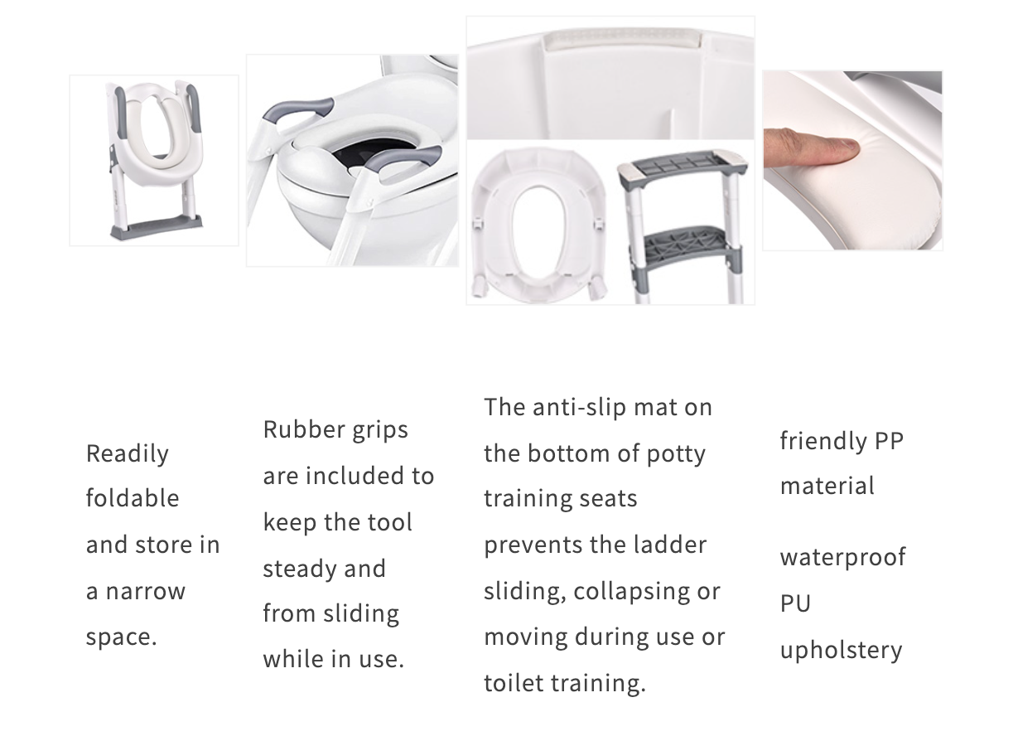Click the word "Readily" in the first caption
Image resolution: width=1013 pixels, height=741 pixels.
pos(127,453)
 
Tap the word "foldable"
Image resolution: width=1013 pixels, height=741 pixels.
pos(133,498)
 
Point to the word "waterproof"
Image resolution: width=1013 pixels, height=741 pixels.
pos(842,556)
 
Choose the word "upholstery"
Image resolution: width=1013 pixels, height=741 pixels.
pos(841,649)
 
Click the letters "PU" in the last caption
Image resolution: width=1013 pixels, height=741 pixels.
pos(795,603)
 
